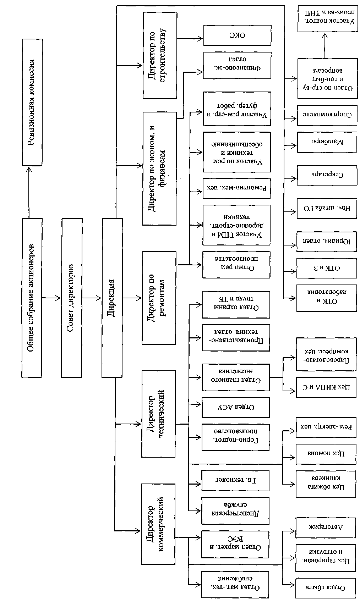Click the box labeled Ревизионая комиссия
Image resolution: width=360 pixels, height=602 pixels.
coord(32,102)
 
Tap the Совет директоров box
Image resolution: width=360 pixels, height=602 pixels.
coord(71,298)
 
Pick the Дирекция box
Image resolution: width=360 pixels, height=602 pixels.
coord(112,298)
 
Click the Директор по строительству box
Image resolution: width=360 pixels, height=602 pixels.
coord(160,55)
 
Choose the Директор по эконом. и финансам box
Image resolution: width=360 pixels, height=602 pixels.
coord(159,169)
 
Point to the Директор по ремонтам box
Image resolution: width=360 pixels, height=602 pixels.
coord(159,298)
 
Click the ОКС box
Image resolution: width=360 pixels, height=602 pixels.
coord(237,35)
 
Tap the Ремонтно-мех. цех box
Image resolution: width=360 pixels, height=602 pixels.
coord(236,188)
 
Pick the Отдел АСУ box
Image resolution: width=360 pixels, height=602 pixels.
coord(235,407)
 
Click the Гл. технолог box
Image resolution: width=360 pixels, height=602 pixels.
coord(235,480)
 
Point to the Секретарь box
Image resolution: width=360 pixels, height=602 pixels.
coord(327,175)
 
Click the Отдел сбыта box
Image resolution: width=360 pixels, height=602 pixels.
coord(326,587)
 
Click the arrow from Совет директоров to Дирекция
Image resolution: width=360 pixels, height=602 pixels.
coord(92,298)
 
